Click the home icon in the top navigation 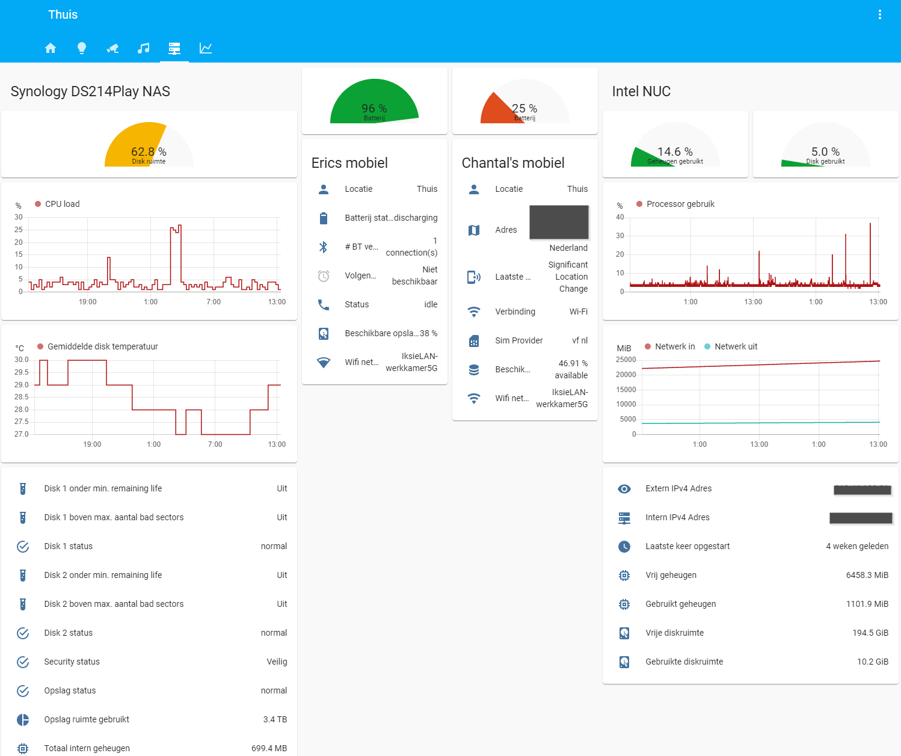click(x=51, y=48)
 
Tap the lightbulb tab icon click(x=82, y=48)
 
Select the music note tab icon click(x=143, y=48)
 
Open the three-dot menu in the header click(x=879, y=14)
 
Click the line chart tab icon click(x=206, y=48)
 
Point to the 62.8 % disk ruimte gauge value click(x=149, y=152)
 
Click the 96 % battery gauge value click(x=374, y=108)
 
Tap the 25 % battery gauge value click(x=524, y=108)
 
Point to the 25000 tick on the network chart click(x=626, y=360)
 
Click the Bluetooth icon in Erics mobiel click(x=324, y=247)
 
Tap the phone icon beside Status click(x=324, y=304)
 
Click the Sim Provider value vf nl click(x=579, y=340)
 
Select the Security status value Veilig click(x=277, y=662)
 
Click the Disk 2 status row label click(x=69, y=633)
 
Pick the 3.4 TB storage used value click(x=275, y=719)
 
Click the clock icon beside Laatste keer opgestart click(x=624, y=546)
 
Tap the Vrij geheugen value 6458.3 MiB click(x=867, y=575)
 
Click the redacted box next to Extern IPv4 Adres click(x=862, y=490)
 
